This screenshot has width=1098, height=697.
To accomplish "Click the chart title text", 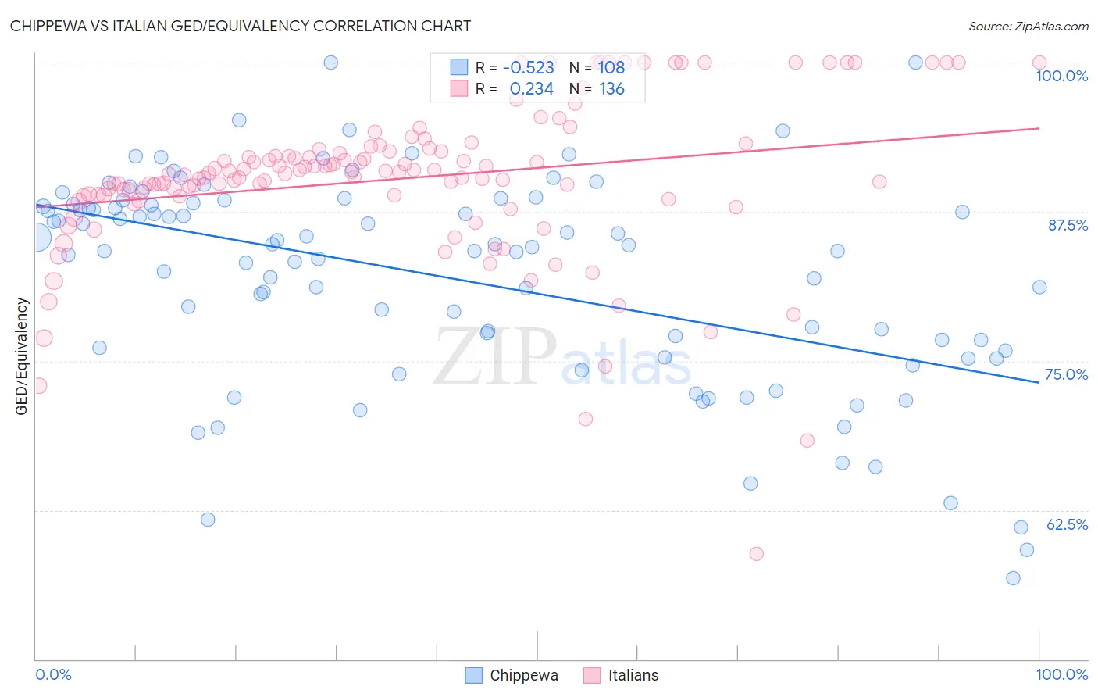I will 241,26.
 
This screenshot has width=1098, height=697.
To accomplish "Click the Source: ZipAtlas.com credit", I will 1028,26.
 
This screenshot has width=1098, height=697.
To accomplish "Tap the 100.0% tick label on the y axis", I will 1061,76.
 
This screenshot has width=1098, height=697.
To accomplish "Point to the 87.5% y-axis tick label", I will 1068,225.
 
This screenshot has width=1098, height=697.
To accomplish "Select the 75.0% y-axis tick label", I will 1066,374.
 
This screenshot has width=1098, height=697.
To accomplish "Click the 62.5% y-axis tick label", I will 1067,524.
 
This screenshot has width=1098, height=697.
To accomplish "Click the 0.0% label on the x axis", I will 53,674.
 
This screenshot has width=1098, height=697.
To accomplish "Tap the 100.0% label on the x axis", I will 1061,674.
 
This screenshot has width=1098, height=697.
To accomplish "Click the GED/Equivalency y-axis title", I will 22,356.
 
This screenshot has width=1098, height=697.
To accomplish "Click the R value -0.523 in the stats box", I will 528,68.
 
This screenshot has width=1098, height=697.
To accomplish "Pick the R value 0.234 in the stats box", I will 531,89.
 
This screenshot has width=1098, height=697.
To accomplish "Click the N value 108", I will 611,68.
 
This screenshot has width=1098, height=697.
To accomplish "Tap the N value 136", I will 611,89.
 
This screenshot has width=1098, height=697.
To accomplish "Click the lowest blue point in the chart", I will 1013,578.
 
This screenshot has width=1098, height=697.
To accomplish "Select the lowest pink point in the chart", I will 756,554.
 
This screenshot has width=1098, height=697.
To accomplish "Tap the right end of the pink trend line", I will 1039,128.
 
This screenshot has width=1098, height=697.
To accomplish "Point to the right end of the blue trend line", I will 1039,382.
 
